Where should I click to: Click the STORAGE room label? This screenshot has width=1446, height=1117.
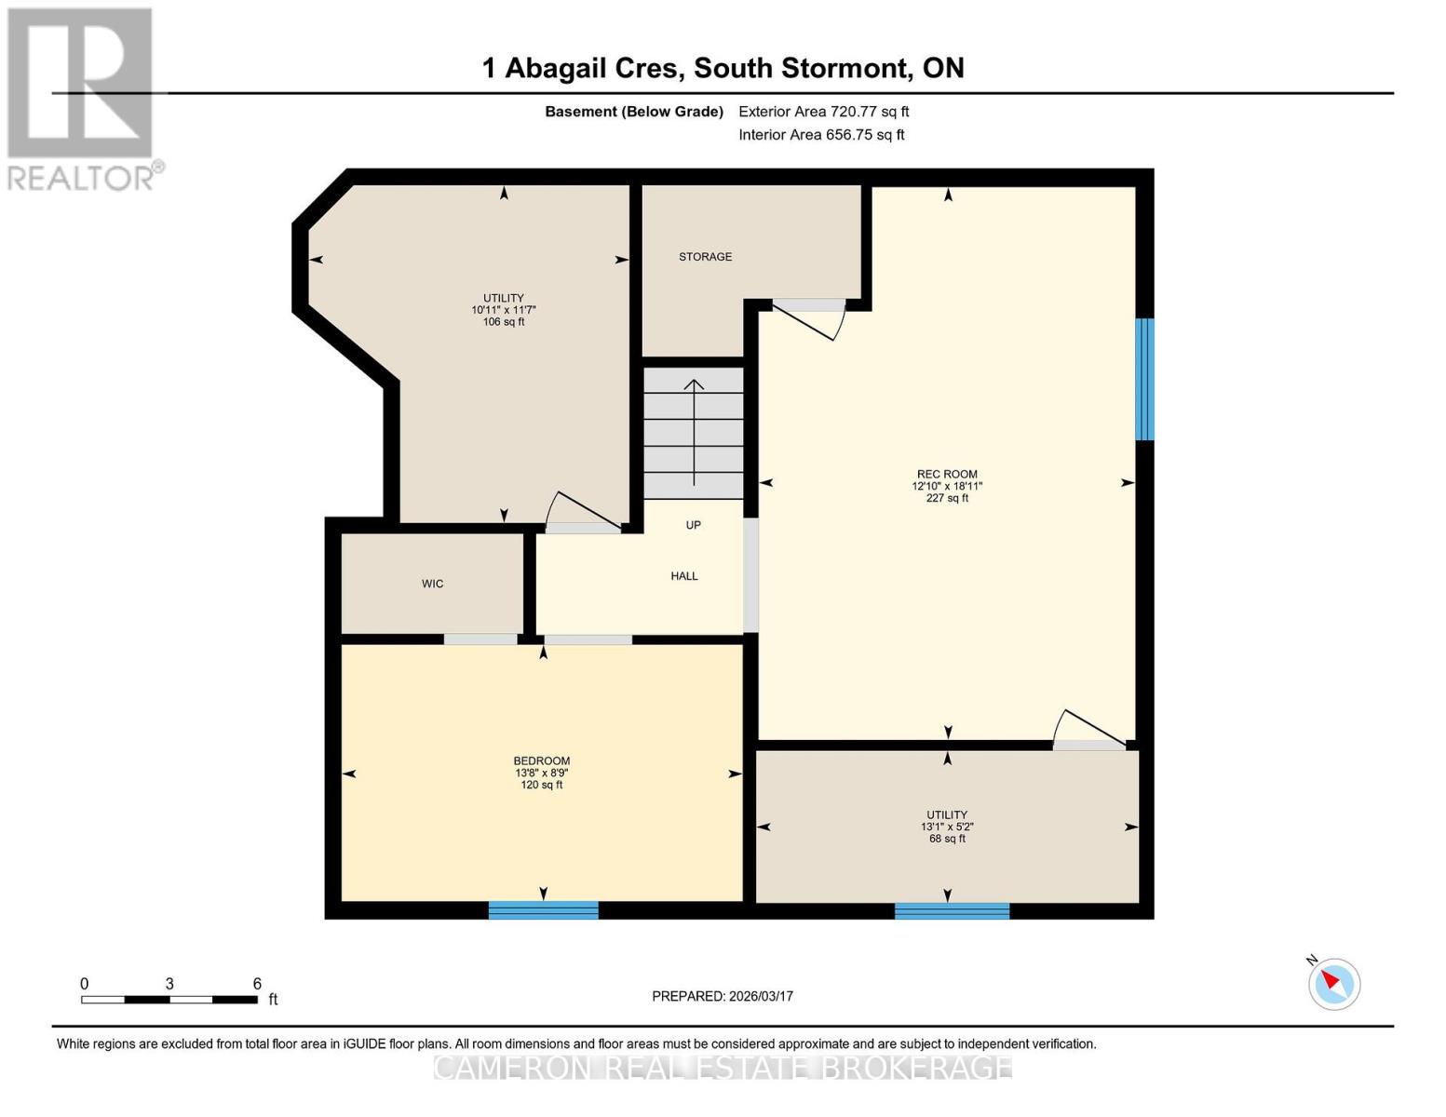point(705,257)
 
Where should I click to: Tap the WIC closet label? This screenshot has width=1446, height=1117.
point(432,584)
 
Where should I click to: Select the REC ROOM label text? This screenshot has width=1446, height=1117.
point(947,474)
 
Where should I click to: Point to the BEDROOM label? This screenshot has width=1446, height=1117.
point(542,760)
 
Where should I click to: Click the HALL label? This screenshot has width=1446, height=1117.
point(684,576)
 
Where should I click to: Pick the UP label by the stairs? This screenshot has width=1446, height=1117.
point(693,525)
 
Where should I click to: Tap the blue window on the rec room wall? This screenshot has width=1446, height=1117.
point(1144,379)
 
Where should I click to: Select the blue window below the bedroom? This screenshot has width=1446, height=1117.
point(543,910)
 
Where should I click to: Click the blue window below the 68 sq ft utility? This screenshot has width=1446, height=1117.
point(952,910)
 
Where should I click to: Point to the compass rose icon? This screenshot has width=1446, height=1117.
point(1334,983)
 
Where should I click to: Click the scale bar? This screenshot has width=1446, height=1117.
point(169,1000)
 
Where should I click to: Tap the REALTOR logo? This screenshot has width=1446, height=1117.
point(81,98)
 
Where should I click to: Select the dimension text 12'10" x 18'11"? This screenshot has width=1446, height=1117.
point(947,486)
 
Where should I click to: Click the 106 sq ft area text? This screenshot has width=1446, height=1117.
point(504,322)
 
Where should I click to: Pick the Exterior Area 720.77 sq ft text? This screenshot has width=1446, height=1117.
point(823,112)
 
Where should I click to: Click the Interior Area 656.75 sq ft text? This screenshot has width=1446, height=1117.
point(821,135)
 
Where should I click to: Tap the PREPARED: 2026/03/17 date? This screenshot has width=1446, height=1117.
point(723,996)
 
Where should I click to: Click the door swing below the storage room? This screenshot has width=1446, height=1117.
point(810,319)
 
